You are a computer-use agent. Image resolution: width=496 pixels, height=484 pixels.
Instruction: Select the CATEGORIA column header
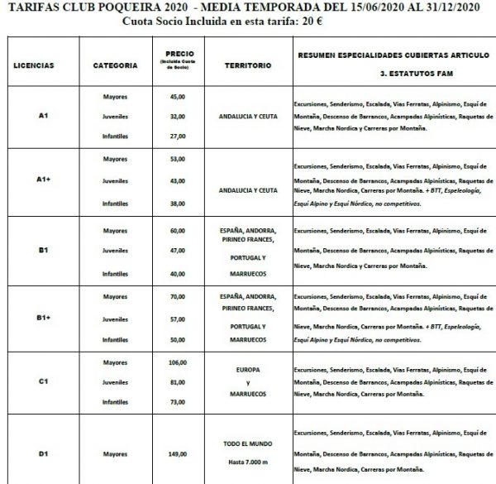(x=110, y=64)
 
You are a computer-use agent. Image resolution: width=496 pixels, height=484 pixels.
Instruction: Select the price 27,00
(x=175, y=136)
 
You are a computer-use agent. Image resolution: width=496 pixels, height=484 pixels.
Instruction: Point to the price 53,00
(x=175, y=158)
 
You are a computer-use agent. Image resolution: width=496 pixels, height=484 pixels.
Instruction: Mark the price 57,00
(x=175, y=318)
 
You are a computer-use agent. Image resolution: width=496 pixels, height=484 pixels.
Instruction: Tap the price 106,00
(x=175, y=362)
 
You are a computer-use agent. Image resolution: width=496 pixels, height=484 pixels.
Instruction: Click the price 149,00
(x=175, y=453)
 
